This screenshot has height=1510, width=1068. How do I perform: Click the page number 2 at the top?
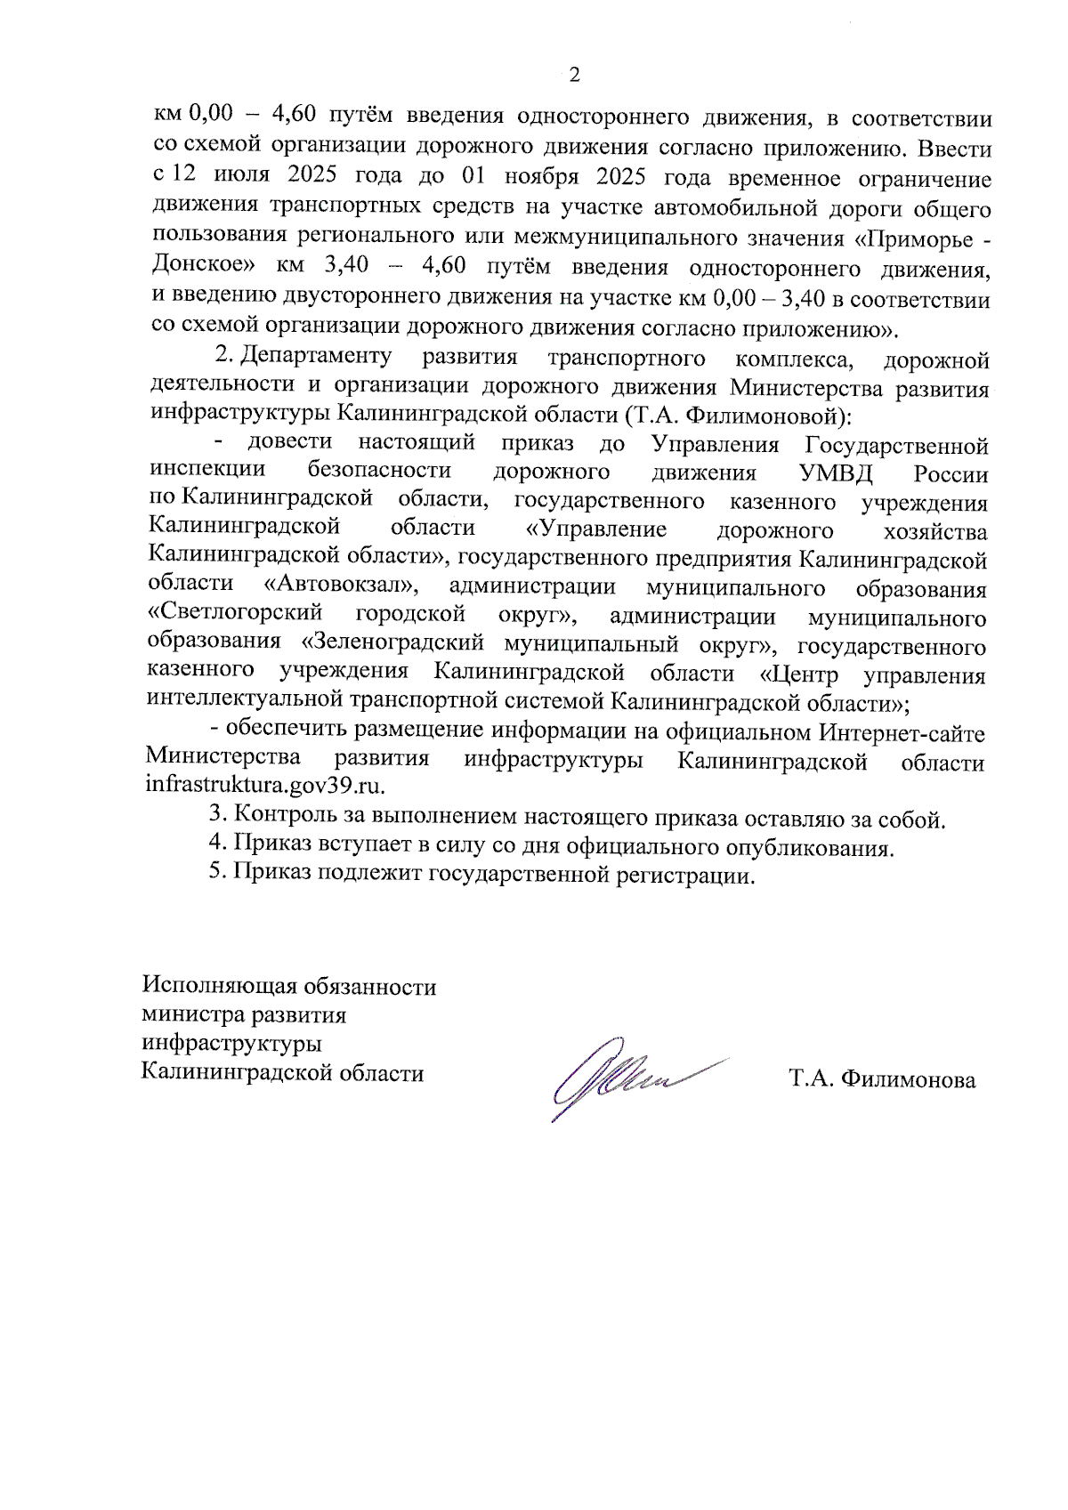(574, 75)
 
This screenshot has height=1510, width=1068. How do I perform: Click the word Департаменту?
(316, 356)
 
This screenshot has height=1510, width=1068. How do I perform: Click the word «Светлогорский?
(235, 614)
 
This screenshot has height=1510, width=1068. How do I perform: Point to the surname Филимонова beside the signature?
(908, 1080)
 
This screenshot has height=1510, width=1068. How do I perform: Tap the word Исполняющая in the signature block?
(220, 987)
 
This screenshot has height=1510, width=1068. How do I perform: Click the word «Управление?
(596, 530)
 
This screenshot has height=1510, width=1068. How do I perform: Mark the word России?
(951, 474)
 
